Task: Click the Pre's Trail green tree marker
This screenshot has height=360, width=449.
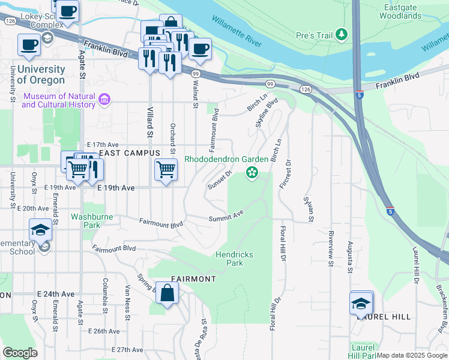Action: coord(342,35)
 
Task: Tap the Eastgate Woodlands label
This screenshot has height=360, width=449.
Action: coord(400,11)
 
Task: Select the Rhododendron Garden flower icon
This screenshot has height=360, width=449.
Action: coord(252,174)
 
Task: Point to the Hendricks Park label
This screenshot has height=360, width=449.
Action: coord(234,259)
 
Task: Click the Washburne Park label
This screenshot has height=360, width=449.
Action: coord(92,221)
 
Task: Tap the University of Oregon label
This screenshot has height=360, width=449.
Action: coord(41,75)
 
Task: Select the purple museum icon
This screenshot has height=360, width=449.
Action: coord(104,99)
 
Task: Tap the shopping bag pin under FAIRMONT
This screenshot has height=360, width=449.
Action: coord(168,294)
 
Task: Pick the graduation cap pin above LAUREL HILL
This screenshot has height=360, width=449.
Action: coord(361,303)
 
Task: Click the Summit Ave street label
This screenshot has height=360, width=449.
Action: coord(226,217)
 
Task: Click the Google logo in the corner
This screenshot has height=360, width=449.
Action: coord(20,353)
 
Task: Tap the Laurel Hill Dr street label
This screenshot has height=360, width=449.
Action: coord(414,265)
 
